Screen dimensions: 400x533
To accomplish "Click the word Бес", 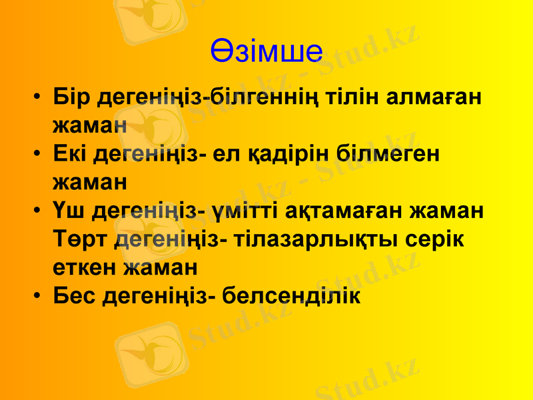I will point(75,295).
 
